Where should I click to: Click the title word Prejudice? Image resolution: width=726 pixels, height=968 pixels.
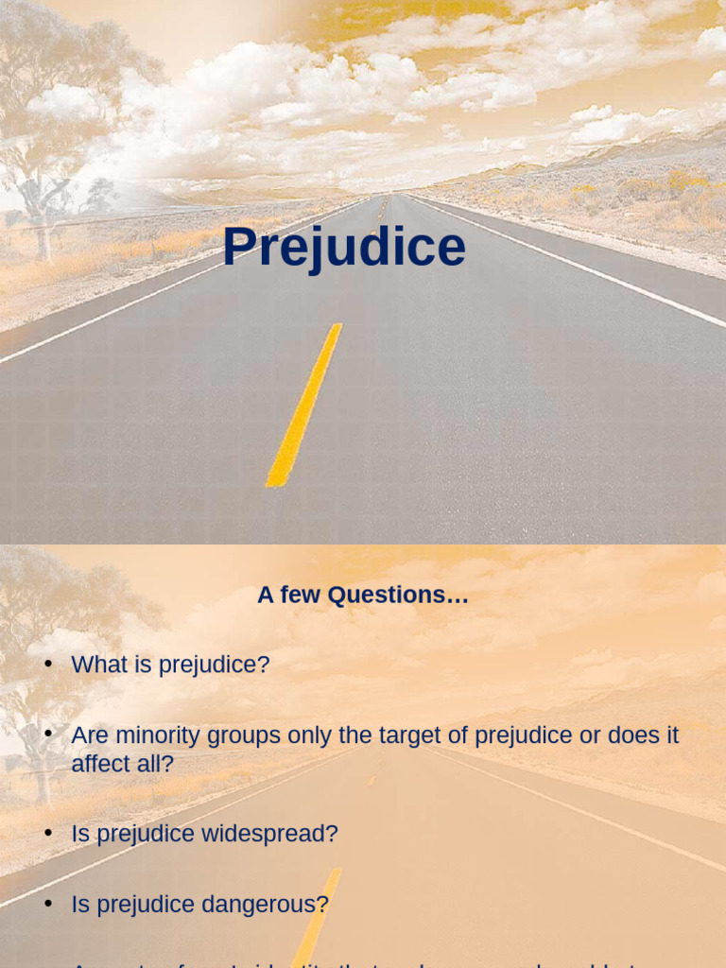coord(344,248)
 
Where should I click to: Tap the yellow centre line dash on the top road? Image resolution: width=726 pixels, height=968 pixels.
coord(304,405)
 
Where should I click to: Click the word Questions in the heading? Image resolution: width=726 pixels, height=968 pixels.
coord(398,596)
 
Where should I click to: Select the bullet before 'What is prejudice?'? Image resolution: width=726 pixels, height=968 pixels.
coord(48,665)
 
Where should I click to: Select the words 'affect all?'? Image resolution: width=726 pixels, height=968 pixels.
coord(123,764)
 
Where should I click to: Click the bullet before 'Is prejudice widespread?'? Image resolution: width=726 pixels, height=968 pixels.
coord(48,834)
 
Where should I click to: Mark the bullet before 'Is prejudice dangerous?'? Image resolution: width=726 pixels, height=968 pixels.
coord(48,905)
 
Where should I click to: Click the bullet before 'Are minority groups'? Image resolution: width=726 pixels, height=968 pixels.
coord(48,735)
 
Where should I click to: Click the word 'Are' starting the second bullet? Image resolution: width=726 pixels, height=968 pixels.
coord(89,735)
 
